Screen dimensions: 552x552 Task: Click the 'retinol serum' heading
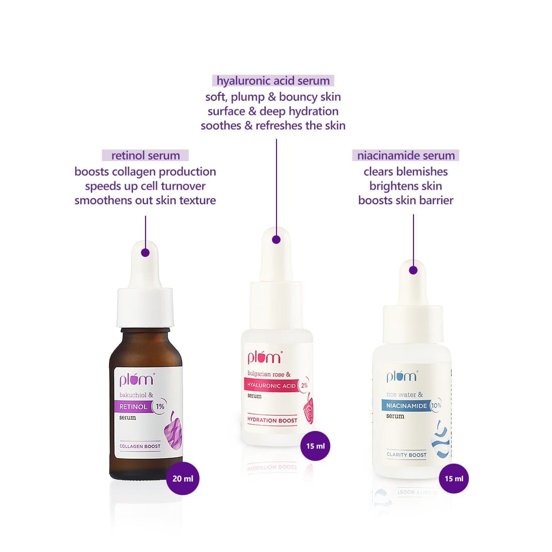[x=146, y=155]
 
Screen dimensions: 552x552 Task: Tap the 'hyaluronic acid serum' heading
[x=273, y=81]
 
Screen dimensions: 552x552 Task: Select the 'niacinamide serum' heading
[x=405, y=155]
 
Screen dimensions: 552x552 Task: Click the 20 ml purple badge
[x=183, y=478]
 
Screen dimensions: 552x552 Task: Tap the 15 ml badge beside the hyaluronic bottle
[x=316, y=446]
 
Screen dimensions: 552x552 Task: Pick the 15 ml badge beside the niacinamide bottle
[x=454, y=478]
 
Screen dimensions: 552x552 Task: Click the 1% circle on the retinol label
[x=160, y=406]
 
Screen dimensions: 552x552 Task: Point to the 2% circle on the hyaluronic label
[x=304, y=385]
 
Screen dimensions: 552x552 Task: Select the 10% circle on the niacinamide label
[x=436, y=405]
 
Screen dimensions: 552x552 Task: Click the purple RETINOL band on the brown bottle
[x=132, y=406]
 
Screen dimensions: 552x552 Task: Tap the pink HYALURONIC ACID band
[x=271, y=385]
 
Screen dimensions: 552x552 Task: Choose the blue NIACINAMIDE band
[x=406, y=405]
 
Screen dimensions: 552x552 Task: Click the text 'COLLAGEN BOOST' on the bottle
[x=140, y=446]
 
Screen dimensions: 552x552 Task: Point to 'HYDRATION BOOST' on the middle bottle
[x=272, y=420]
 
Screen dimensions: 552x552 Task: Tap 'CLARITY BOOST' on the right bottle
[x=406, y=455]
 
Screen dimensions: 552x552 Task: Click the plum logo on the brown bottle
[x=136, y=379]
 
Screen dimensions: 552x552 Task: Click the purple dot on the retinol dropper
[x=145, y=252]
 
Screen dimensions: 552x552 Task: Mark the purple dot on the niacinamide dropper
[x=413, y=270]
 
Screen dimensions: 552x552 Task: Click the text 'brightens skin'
[x=405, y=186]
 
